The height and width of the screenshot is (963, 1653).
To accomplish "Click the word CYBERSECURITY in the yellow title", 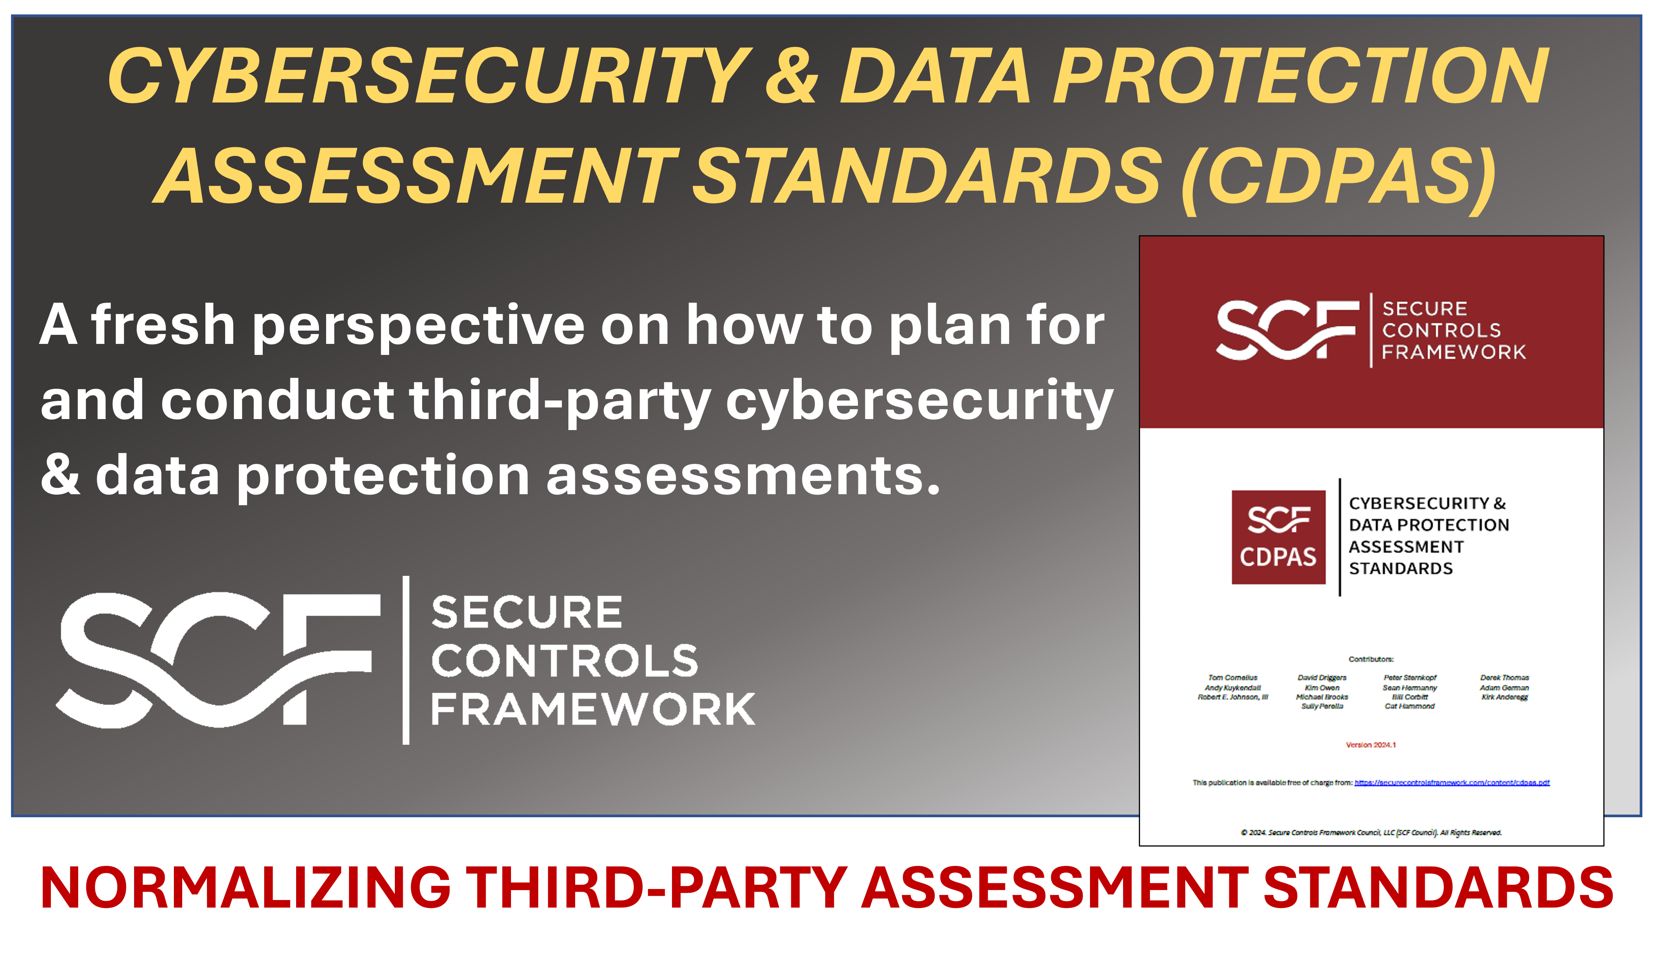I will pyautogui.click(x=430, y=77).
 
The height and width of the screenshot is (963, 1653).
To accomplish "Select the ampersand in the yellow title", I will pyautogui.click(x=792, y=77).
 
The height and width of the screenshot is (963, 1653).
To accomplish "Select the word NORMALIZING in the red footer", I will pyautogui.click(x=246, y=887).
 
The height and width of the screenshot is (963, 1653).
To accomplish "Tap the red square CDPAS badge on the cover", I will pyautogui.click(x=1278, y=537).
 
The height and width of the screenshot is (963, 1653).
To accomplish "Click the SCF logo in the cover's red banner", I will pyautogui.click(x=1287, y=330).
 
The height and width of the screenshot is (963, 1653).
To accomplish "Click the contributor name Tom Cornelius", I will pyautogui.click(x=1232, y=678).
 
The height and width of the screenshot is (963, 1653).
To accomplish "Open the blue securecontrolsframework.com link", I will pyautogui.click(x=1452, y=783).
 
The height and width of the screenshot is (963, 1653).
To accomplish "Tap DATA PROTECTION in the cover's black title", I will pyautogui.click(x=1429, y=525).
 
